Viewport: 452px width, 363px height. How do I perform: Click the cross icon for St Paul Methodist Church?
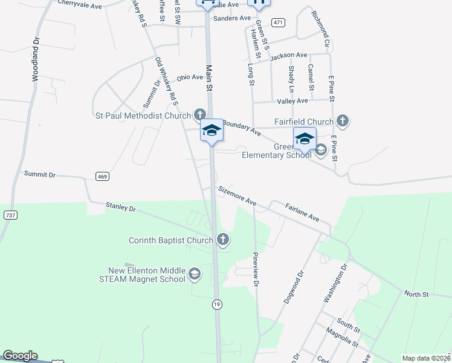coord(200,114)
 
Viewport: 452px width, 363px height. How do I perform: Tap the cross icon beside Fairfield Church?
coord(343,121)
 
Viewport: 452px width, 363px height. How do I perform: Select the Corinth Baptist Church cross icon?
coord(222,240)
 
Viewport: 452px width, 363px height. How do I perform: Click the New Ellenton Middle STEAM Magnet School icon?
coord(195,275)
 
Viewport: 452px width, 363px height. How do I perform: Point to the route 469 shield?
coord(102,176)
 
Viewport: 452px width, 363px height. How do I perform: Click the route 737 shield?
coord(10,215)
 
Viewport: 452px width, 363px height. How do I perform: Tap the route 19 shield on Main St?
coord(216,305)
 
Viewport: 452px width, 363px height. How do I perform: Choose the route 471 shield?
coord(278,22)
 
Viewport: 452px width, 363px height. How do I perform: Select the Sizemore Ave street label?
coord(237,195)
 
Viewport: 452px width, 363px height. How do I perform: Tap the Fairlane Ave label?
coord(302,212)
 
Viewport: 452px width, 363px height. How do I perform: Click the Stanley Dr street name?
coord(121,208)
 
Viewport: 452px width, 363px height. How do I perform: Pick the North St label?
coord(416,295)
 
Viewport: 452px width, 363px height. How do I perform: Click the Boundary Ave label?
coord(241,128)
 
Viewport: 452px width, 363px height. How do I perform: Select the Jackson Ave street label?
coord(289,56)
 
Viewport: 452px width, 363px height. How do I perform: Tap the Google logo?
coord(20,356)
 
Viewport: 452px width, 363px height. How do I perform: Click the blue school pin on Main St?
coord(212,131)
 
